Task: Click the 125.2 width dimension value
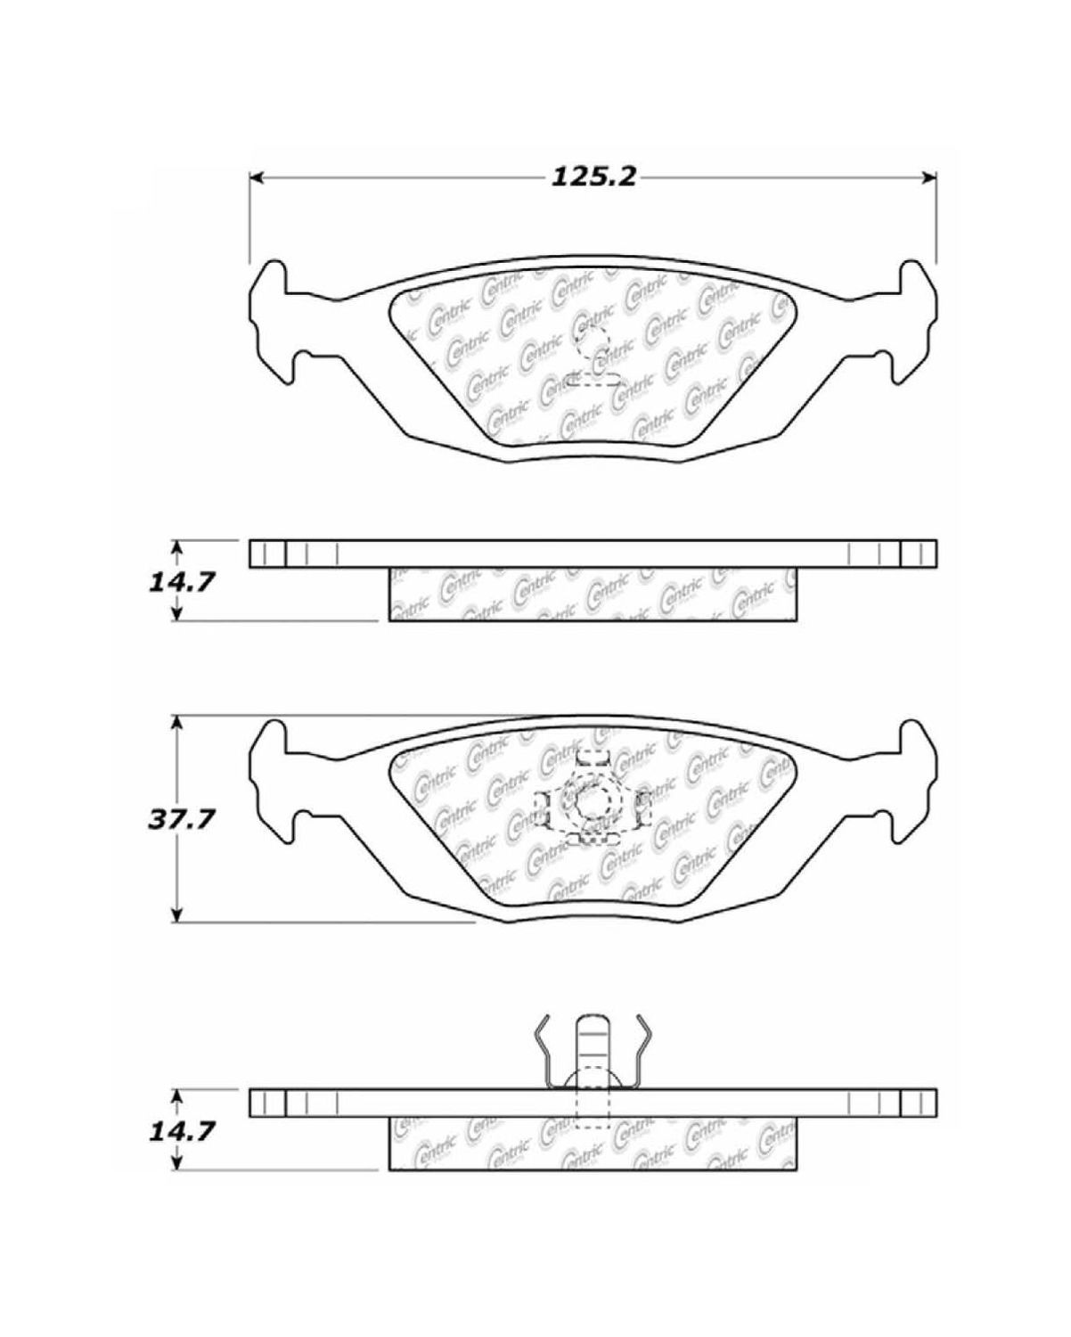[593, 177]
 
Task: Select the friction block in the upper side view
[593, 594]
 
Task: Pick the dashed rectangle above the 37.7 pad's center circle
[591, 758]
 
